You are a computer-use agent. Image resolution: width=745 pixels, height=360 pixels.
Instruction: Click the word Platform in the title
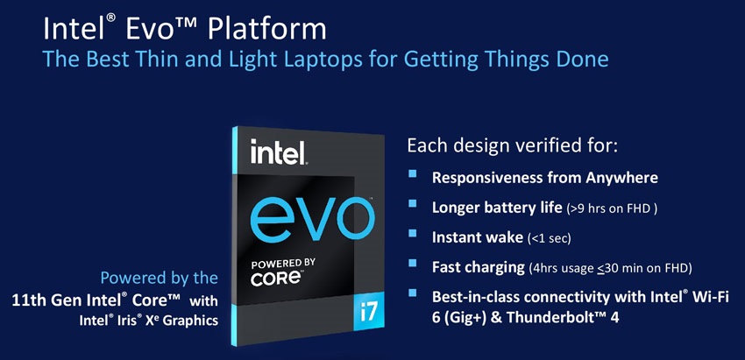click(267, 29)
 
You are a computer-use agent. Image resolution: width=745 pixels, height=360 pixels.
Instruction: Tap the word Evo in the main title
click(153, 29)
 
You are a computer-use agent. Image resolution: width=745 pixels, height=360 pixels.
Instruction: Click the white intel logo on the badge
click(278, 152)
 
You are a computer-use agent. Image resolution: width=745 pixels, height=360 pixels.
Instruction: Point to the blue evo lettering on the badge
click(312, 218)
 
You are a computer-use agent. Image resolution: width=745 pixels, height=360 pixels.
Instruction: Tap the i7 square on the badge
click(368, 314)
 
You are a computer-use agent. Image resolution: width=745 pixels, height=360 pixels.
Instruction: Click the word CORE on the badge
click(275, 279)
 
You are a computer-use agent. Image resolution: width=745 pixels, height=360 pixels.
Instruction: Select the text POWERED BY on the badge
click(282, 263)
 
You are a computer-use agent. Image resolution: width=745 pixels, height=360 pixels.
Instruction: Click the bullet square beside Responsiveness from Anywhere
click(413, 173)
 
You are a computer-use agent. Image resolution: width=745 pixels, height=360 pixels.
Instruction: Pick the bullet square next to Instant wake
click(413, 233)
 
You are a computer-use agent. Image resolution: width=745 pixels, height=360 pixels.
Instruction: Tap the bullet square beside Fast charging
click(413, 262)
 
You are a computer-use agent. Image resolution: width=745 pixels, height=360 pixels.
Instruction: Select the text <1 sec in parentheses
click(550, 238)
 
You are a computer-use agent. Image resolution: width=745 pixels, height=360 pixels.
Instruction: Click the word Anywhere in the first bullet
click(622, 179)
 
